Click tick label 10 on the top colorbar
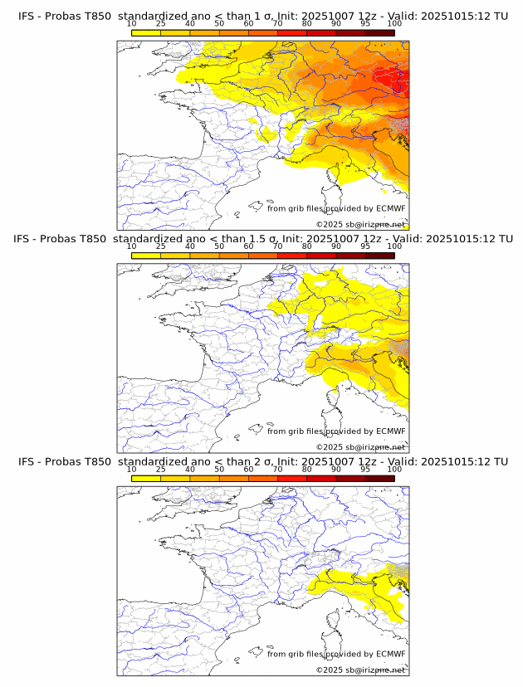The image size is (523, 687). point(132,23)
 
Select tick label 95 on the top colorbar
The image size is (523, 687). point(365,23)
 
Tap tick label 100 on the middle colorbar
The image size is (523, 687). point(394,246)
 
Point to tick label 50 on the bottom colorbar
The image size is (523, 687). point(219,470)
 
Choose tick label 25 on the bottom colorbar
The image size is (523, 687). point(161,470)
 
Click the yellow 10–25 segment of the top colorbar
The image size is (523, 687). point(146,32)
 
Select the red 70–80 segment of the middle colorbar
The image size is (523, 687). point(292,256)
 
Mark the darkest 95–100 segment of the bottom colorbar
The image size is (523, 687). point(380,479)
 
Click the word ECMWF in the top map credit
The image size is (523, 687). point(390,208)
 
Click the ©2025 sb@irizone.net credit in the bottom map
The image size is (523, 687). point(360,670)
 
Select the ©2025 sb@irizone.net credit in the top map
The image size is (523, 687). point(360,224)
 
